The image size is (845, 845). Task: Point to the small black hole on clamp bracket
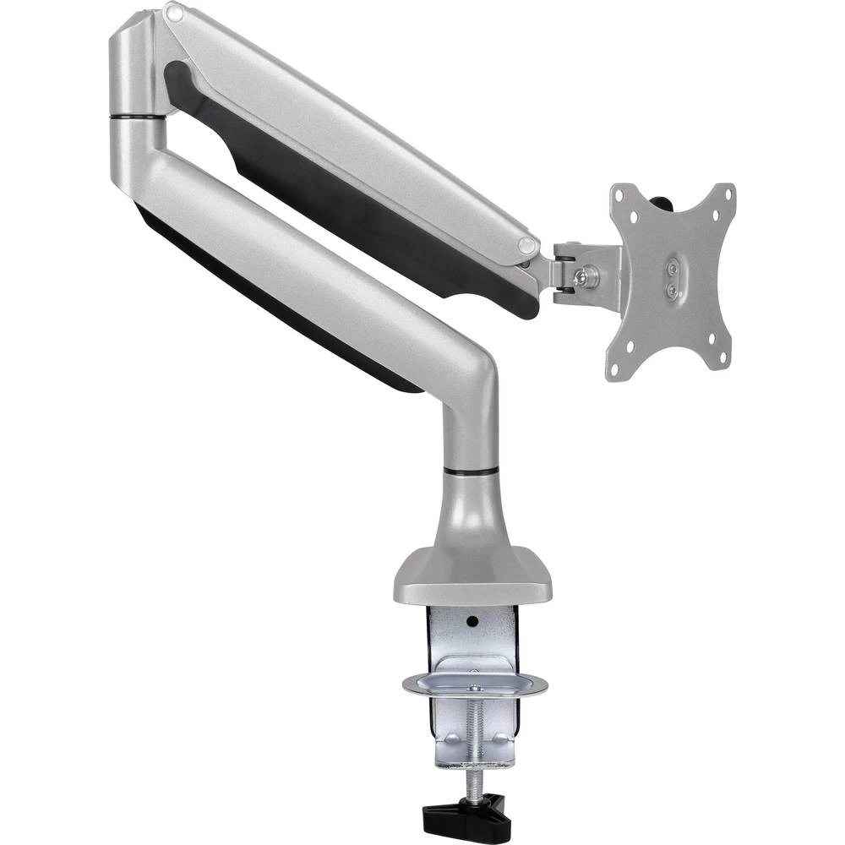pos(472,621)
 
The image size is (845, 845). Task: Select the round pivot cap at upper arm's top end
pos(173,13)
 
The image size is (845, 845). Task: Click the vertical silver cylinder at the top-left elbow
pos(131,68)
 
